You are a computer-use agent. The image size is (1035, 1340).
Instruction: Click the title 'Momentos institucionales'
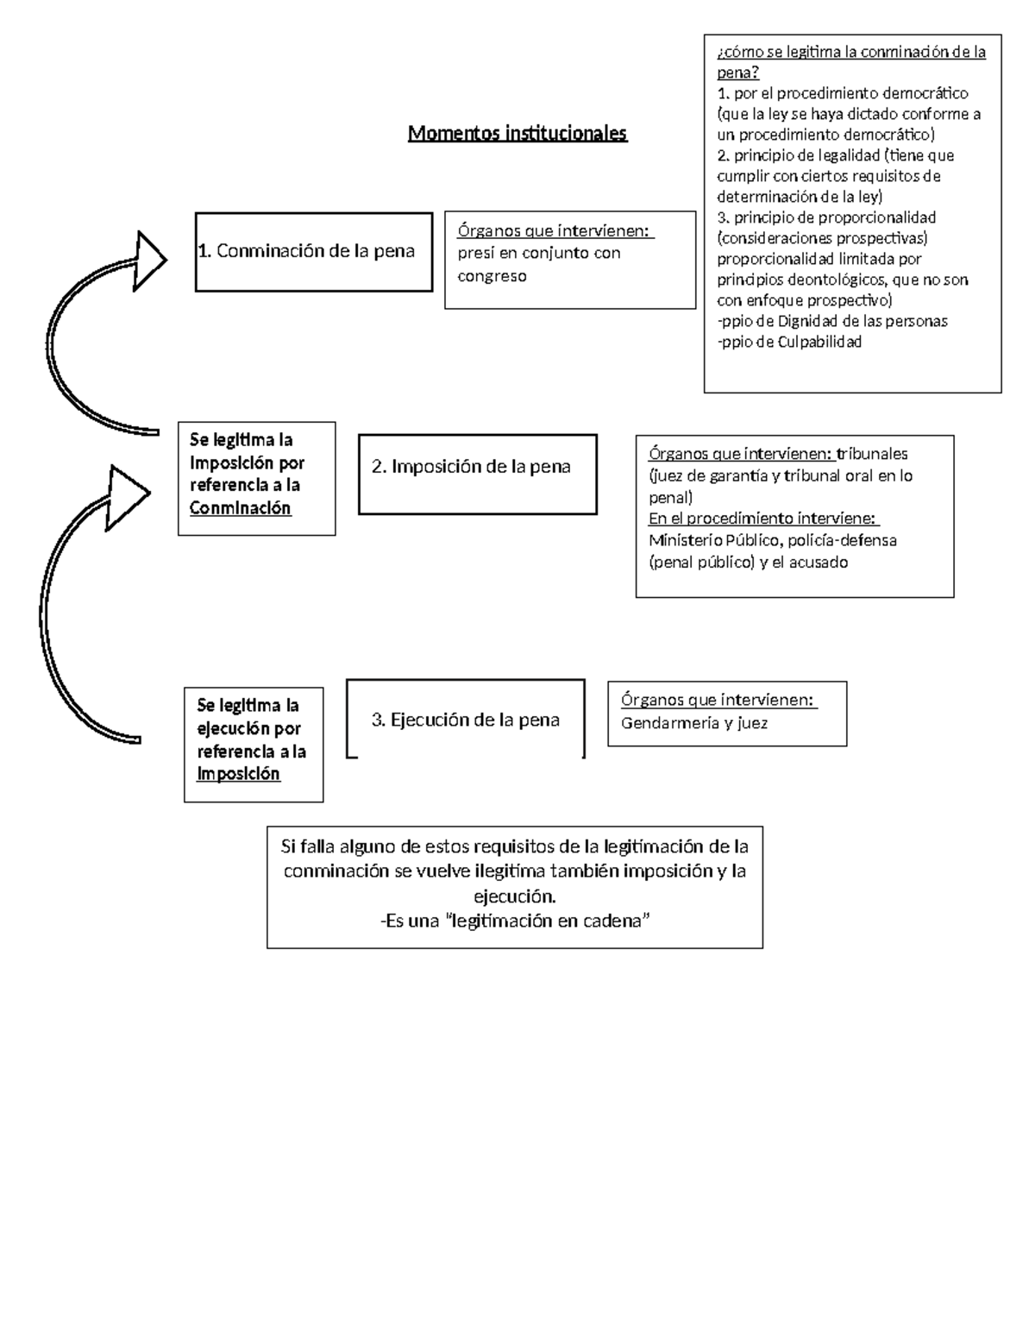pos(517,134)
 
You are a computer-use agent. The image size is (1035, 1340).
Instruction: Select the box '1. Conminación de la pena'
pos(313,251)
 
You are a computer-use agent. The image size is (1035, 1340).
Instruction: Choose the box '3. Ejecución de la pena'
pos(466,720)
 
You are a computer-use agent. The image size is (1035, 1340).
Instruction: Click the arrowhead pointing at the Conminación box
pos(151,261)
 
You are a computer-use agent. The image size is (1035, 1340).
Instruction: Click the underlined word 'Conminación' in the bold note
pos(241,508)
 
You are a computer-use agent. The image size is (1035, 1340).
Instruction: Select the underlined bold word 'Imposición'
pos(239,774)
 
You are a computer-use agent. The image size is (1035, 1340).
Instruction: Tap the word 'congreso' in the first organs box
pos(492,276)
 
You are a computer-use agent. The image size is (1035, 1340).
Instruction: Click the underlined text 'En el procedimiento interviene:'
pos(763,519)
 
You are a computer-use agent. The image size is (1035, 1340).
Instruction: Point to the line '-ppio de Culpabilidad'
pos(789,342)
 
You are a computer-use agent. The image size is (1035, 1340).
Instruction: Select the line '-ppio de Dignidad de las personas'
pos(832,321)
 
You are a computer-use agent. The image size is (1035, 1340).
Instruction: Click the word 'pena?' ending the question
pos(737,72)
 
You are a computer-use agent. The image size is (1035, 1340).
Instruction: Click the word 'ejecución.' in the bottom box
pos(515,896)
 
